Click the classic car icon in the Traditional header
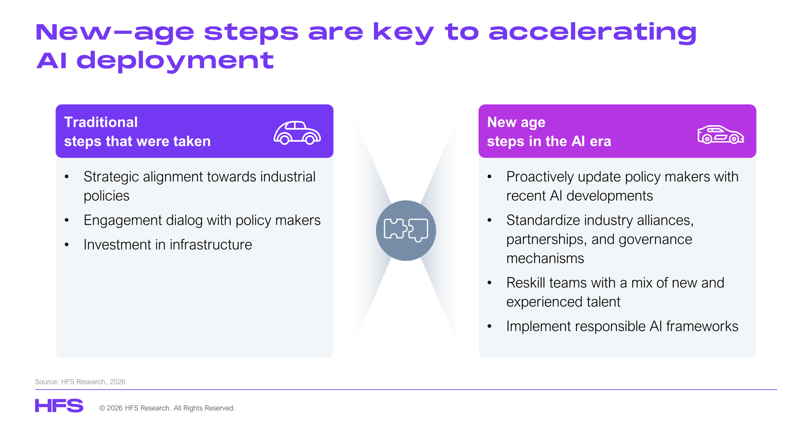tap(297, 133)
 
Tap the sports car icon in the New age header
tap(720, 134)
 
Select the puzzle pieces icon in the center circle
tap(406, 230)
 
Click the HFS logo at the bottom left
tap(59, 405)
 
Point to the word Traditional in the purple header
tap(101, 122)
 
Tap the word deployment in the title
tap(175, 61)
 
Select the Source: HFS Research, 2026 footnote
tap(80, 382)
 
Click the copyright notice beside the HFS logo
tap(167, 408)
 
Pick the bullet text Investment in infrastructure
tap(168, 245)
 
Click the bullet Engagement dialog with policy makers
tap(202, 220)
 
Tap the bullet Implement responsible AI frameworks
tap(622, 326)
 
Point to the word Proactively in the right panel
tap(540, 177)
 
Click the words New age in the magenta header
tap(516, 123)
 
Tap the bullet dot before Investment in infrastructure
tap(67, 245)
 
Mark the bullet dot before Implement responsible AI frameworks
tap(489, 326)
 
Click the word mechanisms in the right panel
tap(545, 258)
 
